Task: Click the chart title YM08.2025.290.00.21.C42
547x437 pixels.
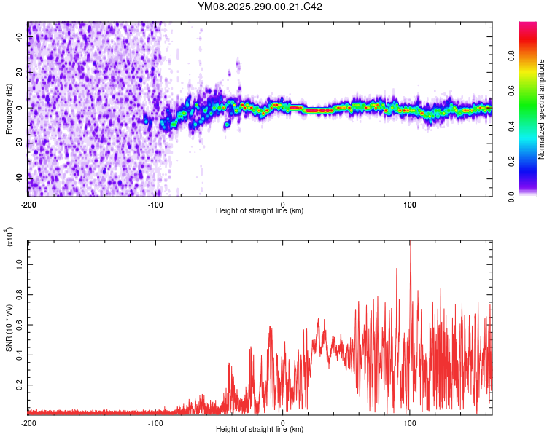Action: click(x=260, y=7)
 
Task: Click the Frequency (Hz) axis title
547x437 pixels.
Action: click(x=9, y=109)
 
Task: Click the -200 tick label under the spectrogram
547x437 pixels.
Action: click(x=29, y=203)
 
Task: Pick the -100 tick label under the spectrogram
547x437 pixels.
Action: click(x=155, y=203)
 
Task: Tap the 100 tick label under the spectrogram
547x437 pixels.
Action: click(x=410, y=203)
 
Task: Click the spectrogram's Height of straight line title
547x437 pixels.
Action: click(x=260, y=211)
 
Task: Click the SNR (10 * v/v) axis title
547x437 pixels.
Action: click(x=9, y=328)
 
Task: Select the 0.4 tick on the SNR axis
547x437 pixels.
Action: click(x=20, y=353)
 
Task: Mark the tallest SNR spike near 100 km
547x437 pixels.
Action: click(x=410, y=243)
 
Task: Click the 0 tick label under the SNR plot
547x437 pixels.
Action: click(x=283, y=423)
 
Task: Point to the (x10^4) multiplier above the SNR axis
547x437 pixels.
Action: click(x=9, y=237)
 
